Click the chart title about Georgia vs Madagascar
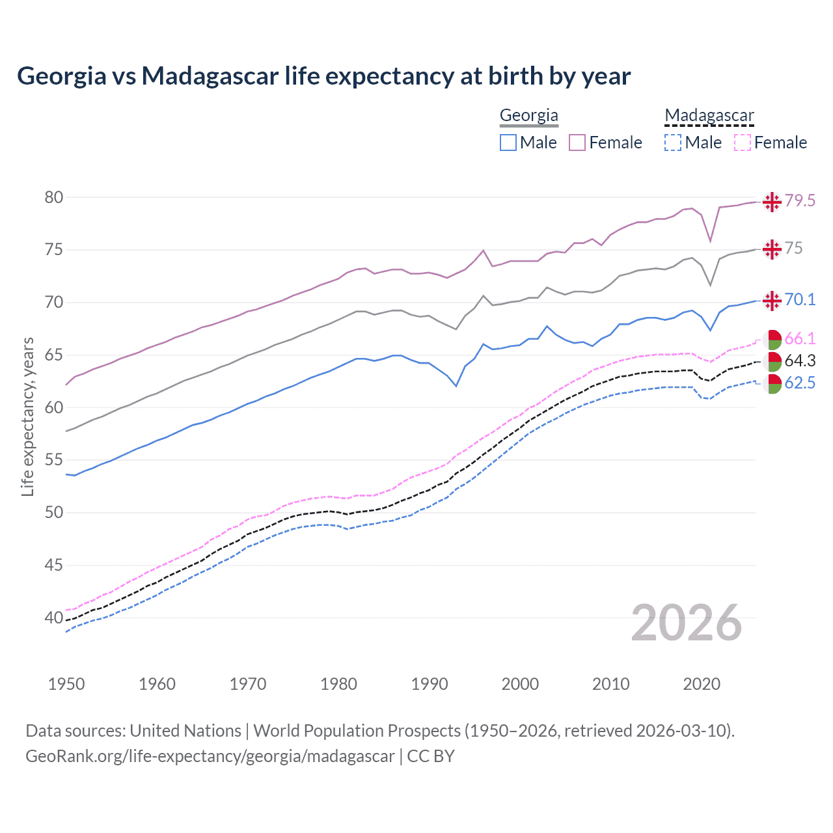[x=323, y=76]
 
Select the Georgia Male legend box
[x=508, y=143]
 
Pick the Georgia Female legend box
[x=577, y=143]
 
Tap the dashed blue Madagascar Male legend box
[x=673, y=143]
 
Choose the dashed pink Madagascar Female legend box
[x=743, y=143]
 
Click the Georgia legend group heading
[x=528, y=115]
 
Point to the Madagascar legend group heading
[x=709, y=115]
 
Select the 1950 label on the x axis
[x=66, y=684]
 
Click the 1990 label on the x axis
[x=430, y=684]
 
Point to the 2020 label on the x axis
[x=702, y=684]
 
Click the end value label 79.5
[x=800, y=201]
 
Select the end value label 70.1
[x=800, y=299]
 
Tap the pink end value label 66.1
[x=800, y=338]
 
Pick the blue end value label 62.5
[x=800, y=383]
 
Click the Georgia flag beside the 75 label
[x=772, y=249]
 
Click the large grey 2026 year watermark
[x=686, y=623]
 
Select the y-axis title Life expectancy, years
[x=27, y=416]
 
